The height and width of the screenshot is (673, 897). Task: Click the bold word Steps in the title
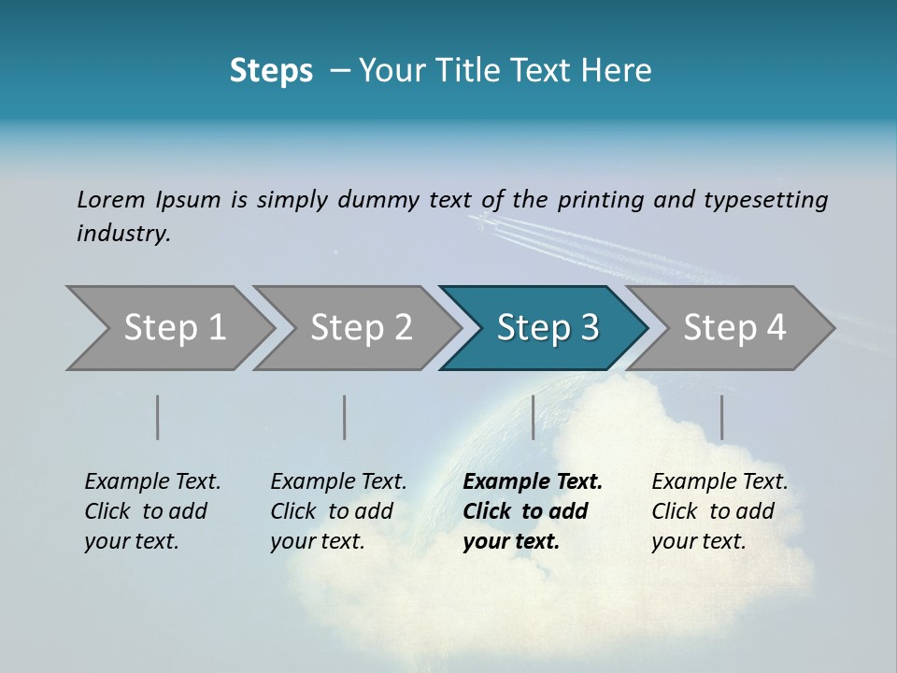point(271,71)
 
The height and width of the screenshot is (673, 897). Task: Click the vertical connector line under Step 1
point(158,417)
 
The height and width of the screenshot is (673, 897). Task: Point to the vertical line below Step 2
point(345,417)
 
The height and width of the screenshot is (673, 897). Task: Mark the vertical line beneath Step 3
point(533,417)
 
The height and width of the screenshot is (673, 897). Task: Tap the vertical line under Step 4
point(721,417)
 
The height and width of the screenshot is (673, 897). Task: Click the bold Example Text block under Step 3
point(533,511)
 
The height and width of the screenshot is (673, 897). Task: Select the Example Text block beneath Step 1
point(152,511)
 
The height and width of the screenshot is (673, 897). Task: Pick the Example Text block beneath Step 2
point(338,511)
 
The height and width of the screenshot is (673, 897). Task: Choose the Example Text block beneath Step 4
point(719,511)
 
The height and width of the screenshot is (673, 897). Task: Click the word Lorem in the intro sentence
point(111,199)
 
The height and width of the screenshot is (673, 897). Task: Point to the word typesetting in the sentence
point(765,200)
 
